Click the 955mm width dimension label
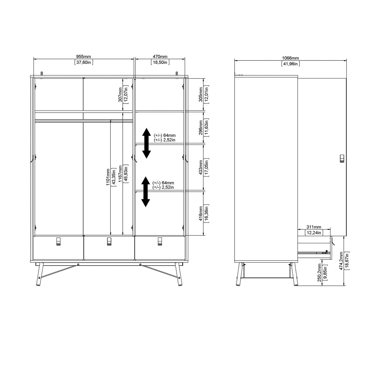coord(83,57)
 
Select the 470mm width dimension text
coord(160,57)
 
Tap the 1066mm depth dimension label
coord(290,58)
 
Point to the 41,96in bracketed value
coord(290,64)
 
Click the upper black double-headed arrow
coord(146,143)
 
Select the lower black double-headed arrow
coord(146,191)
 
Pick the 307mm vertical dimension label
coord(120,95)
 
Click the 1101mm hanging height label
coord(108,177)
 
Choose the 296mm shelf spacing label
coord(201,127)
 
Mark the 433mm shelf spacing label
coord(201,167)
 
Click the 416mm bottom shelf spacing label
coord(201,213)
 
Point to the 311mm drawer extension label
coord(314,227)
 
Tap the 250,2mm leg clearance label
coord(319,273)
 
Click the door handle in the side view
coord(342,159)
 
